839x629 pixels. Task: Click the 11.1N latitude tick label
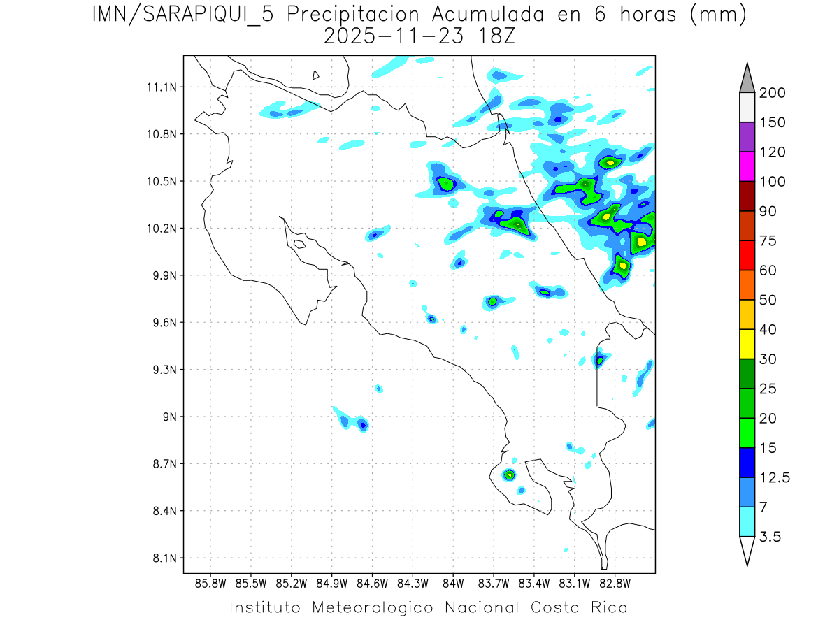160,87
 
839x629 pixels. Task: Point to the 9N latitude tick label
166,417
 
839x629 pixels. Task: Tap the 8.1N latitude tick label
160,558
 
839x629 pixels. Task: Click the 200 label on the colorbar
771,93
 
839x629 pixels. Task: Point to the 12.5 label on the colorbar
775,477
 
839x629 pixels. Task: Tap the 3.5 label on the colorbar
769,537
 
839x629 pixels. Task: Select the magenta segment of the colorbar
747,166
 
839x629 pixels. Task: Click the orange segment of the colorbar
747,284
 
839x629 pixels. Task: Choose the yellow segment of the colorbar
747,344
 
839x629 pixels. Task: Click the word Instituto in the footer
266,607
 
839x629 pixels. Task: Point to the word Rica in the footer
608,607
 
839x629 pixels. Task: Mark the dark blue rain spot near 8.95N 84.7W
363,424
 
